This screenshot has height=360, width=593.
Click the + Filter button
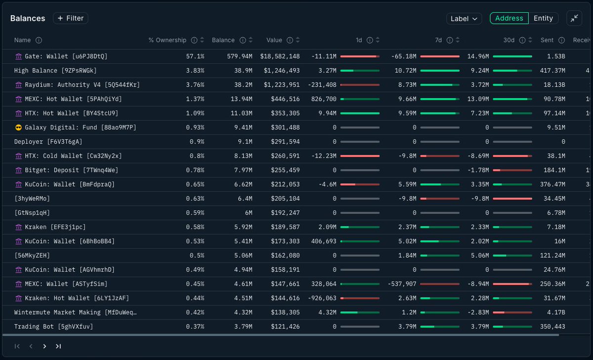click(70, 18)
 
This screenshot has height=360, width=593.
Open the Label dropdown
click(464, 18)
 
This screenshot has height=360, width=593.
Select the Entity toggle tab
click(543, 18)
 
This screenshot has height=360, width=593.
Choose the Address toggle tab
click(509, 18)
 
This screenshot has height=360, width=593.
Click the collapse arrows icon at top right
click(574, 18)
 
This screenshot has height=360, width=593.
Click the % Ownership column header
click(168, 40)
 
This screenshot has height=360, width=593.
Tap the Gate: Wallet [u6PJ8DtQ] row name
click(66, 56)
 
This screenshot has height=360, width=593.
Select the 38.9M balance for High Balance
click(243, 71)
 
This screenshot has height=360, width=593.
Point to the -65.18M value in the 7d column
click(403, 56)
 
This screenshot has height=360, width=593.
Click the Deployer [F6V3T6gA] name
click(48, 142)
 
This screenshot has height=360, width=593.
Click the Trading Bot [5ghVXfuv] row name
click(53, 326)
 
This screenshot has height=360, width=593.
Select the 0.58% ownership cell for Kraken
click(195, 227)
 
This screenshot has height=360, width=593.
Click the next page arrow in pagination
click(44, 346)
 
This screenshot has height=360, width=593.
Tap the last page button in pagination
click(58, 346)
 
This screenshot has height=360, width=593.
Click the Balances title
click(28, 18)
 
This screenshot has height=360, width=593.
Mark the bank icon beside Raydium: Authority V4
click(19, 85)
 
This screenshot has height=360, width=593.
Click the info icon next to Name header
click(39, 40)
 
